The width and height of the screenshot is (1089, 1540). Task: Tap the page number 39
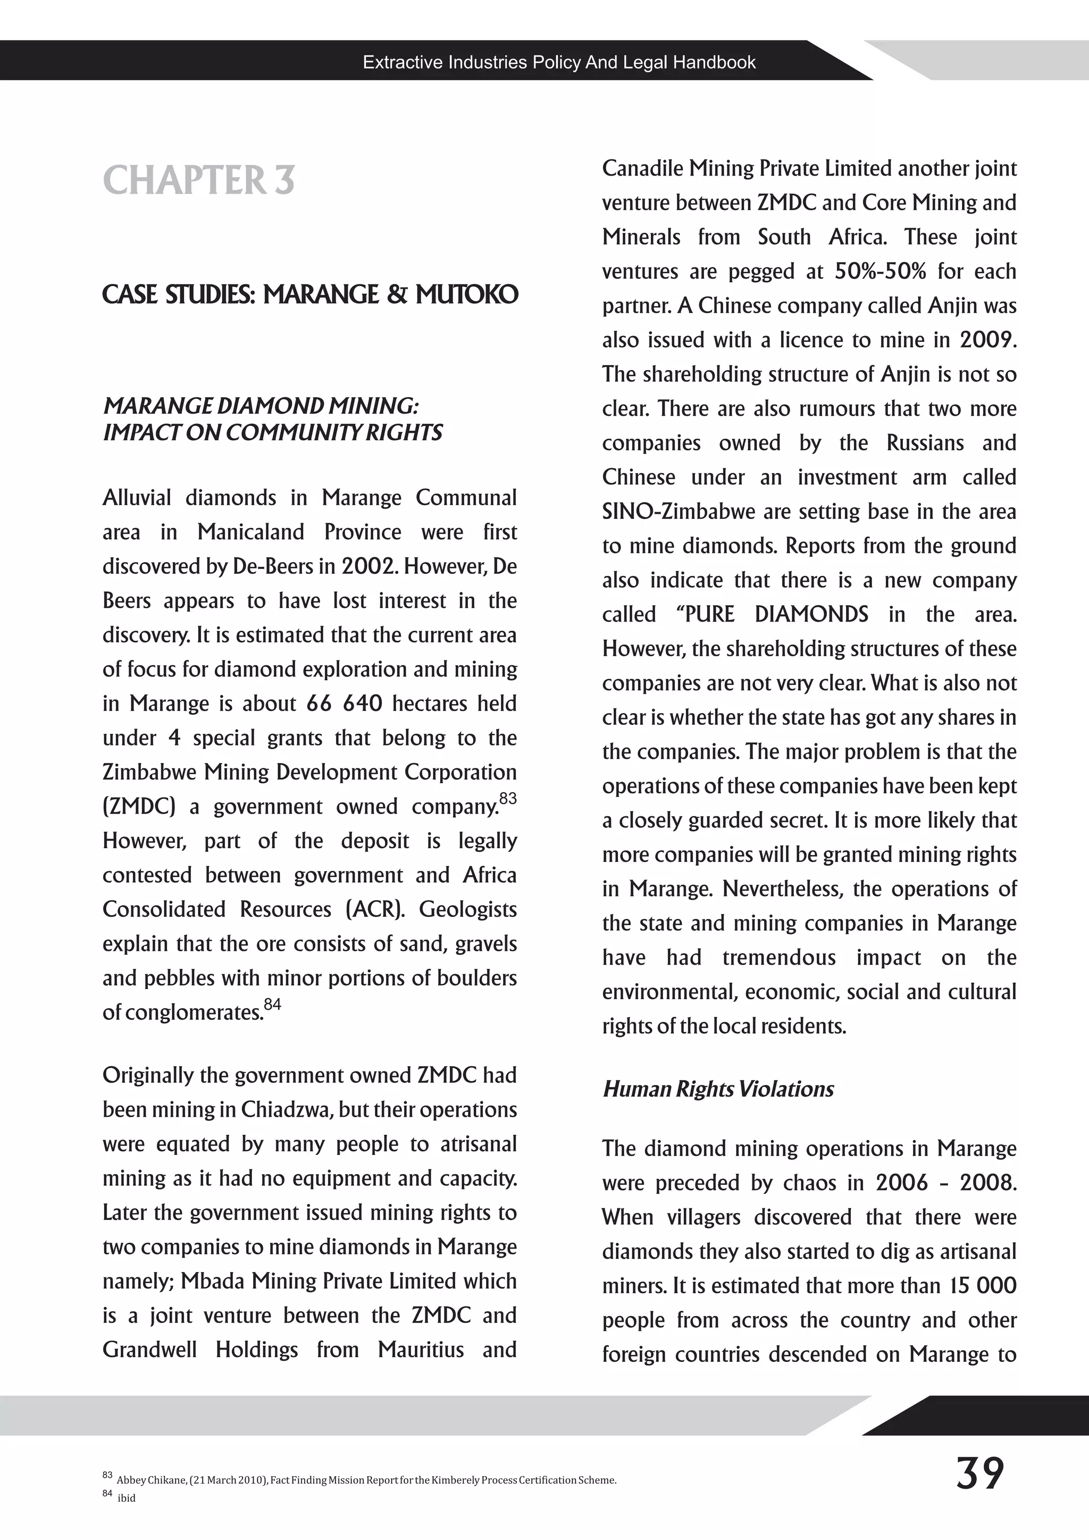(979, 1474)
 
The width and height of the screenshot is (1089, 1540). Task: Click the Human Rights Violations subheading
(718, 1089)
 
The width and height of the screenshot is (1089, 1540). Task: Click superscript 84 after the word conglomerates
(272, 1004)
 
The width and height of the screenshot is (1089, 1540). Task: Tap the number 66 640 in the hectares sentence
(344, 704)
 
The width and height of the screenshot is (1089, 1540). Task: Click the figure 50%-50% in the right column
(880, 271)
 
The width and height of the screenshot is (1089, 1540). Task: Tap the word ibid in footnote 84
(127, 1499)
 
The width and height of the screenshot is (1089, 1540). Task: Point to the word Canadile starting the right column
(642, 169)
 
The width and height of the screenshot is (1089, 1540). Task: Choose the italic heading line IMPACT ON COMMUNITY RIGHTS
(272, 433)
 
